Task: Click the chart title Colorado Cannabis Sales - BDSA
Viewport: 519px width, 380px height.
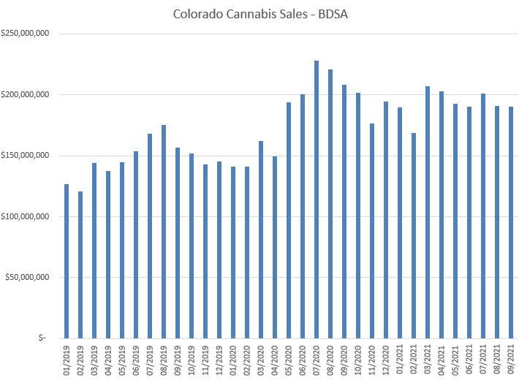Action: click(259, 14)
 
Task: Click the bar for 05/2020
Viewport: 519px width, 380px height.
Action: click(289, 220)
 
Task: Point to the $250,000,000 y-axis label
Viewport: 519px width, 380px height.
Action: click(26, 34)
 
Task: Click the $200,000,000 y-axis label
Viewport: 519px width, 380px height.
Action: click(26, 94)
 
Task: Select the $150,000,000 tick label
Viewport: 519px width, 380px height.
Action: click(26, 156)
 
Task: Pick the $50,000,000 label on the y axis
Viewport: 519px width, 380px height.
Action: click(27, 277)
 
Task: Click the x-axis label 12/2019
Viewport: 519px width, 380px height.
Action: click(220, 360)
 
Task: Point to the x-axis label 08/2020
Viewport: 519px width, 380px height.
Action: click(331, 360)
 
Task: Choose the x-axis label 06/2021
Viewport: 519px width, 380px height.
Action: click(470, 360)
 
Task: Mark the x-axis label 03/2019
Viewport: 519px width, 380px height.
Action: click(95, 360)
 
